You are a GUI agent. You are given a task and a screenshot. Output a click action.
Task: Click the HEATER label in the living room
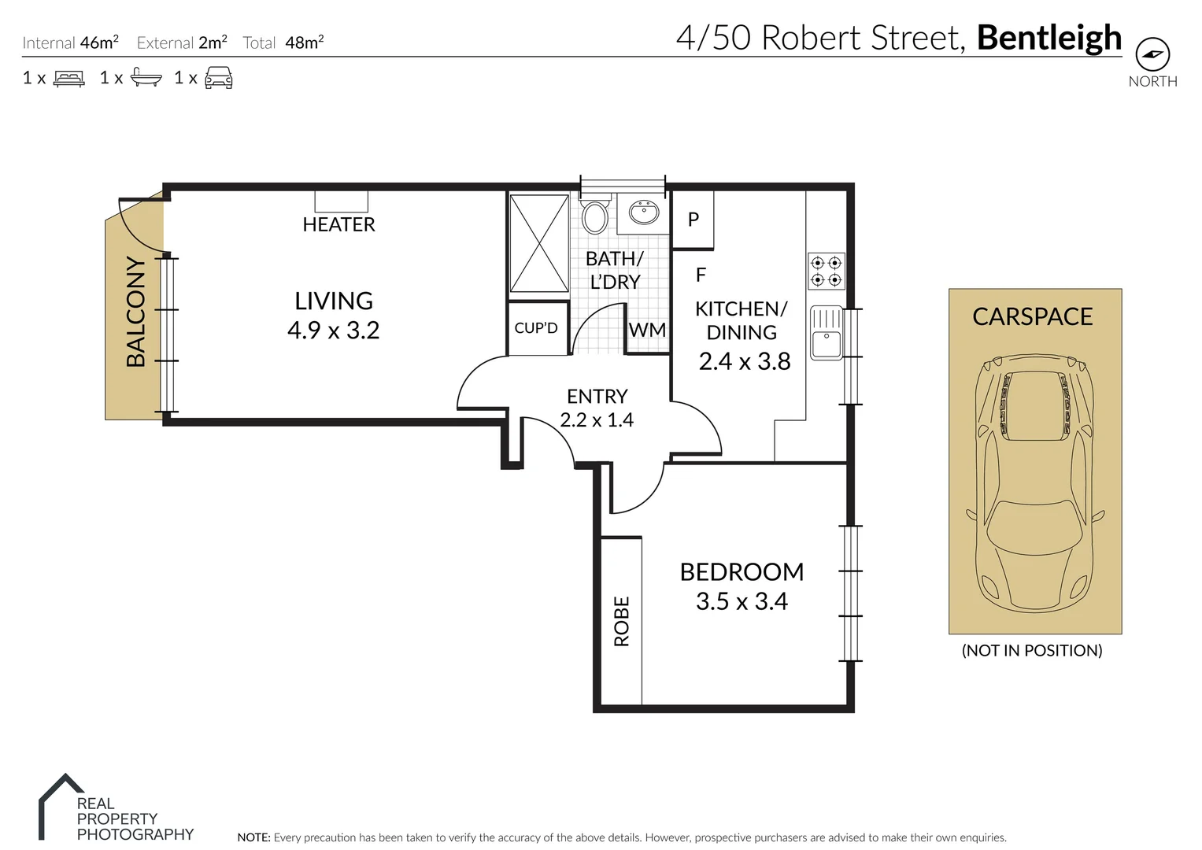(338, 224)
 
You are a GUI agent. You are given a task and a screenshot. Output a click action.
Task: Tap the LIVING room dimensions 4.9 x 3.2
(333, 330)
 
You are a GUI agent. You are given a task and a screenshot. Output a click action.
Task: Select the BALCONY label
(136, 312)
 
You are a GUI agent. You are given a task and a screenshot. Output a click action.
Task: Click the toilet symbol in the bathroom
(594, 216)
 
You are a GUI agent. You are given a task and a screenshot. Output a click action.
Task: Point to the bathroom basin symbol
(644, 211)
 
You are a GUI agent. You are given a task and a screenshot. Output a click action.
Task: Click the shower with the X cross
(539, 244)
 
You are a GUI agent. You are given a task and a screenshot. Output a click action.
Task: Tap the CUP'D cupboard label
(535, 328)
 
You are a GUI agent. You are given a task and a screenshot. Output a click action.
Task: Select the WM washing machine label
(647, 330)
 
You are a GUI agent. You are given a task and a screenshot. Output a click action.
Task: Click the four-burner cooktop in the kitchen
(826, 272)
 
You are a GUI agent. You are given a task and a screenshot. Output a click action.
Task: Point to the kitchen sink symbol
(826, 333)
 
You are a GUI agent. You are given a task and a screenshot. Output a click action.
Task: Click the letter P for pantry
(693, 220)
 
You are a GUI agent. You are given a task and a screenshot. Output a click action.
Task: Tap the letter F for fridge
(701, 275)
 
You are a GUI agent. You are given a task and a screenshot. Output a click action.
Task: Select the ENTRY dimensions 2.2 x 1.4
(597, 420)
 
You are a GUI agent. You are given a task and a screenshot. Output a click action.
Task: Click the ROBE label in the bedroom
(622, 621)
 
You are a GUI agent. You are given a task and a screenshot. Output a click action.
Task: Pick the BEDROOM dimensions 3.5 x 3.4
(742, 601)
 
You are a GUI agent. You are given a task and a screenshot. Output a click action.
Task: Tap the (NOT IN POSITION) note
(1031, 650)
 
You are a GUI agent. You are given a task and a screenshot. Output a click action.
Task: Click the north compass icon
(1152, 54)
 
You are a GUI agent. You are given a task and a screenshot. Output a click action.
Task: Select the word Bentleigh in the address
(1049, 37)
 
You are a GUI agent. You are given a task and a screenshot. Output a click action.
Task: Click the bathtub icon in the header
(146, 77)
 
